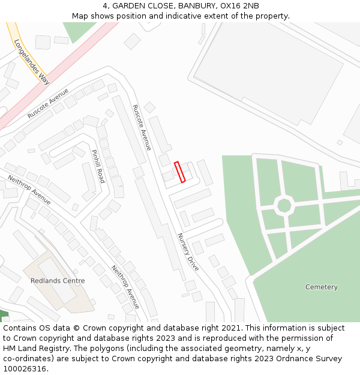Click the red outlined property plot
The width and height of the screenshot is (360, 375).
[179, 172]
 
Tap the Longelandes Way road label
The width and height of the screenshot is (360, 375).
[31, 61]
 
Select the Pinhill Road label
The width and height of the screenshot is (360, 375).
[98, 166]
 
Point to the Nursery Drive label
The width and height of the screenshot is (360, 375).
[188, 252]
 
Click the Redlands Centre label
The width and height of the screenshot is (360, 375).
[58, 281]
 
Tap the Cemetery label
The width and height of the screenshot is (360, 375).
[321, 287]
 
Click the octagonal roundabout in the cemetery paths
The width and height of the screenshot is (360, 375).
[284, 205]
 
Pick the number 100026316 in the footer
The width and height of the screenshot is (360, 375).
[23, 368]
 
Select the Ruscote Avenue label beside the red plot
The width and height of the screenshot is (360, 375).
[142, 127]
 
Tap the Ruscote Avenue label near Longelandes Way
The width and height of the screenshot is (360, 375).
[49, 103]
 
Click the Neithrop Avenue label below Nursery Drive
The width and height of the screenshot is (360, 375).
[125, 287]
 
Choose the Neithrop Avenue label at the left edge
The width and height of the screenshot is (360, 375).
[29, 190]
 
